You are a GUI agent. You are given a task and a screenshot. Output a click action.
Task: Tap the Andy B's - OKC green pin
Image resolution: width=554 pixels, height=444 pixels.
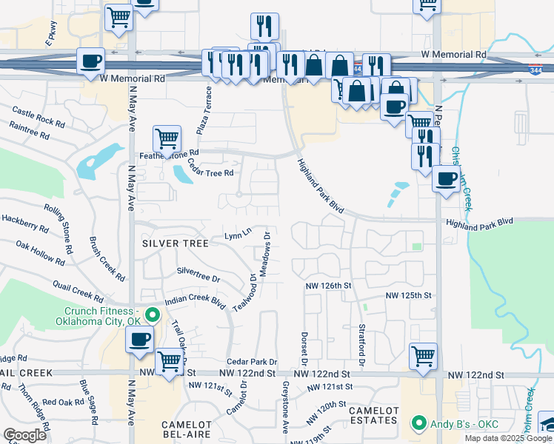pyautogui.click(x=418, y=424)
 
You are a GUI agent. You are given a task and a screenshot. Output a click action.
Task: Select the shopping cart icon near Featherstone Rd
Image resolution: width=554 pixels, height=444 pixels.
pyautogui.click(x=167, y=138)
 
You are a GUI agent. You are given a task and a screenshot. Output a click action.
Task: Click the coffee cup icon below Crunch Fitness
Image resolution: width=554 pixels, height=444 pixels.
pyautogui.click(x=139, y=340)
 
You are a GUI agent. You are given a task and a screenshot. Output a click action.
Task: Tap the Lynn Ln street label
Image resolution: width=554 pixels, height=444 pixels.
pyautogui.click(x=238, y=235)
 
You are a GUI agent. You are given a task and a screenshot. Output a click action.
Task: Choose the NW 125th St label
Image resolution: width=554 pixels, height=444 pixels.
pyautogui.click(x=408, y=295)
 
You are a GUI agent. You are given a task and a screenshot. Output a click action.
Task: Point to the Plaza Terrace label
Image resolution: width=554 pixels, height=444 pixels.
pyautogui.click(x=204, y=110)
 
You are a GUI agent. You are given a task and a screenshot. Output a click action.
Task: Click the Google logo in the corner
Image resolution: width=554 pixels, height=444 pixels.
pyautogui.click(x=24, y=435)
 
